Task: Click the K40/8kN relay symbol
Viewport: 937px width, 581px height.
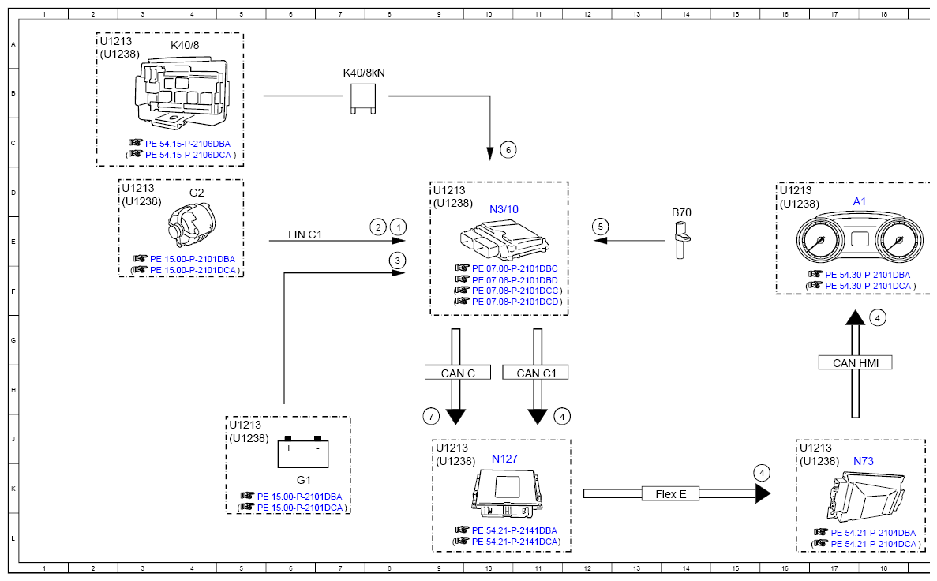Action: [363, 99]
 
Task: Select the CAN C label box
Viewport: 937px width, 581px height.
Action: [458, 373]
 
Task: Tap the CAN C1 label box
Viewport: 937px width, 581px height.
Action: [535, 373]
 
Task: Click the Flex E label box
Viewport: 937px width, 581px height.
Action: [670, 493]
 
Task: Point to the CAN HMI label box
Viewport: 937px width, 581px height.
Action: [855, 362]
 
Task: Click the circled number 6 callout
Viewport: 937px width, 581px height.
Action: [508, 149]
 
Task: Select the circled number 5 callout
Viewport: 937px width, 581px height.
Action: [601, 227]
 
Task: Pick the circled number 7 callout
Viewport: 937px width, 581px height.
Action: [431, 416]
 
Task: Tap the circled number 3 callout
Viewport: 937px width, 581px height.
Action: [397, 261]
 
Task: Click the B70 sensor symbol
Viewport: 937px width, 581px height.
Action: [680, 240]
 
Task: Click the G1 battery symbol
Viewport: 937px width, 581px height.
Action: [303, 452]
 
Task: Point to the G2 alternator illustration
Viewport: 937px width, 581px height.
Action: [191, 224]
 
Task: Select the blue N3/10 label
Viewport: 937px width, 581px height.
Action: [504, 209]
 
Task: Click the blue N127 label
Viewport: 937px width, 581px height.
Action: [504, 459]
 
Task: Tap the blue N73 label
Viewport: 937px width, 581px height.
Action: [864, 461]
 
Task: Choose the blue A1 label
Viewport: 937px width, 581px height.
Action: [860, 201]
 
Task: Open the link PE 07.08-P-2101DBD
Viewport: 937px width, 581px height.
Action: [515, 279]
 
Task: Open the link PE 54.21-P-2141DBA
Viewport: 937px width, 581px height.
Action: [514, 530]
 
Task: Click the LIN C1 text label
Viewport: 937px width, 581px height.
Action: [305, 234]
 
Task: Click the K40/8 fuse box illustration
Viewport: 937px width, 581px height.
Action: [181, 92]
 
